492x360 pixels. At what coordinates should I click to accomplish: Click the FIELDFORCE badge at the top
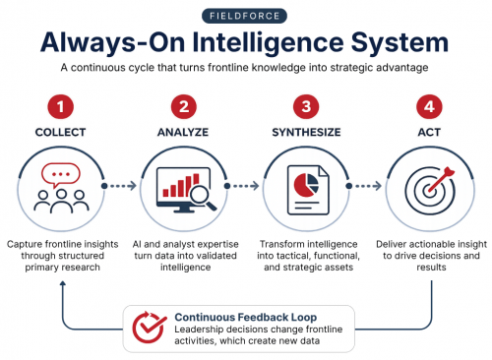[x=244, y=16]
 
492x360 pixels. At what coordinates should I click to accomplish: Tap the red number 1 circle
[x=61, y=106]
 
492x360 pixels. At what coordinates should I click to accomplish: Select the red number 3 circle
[x=306, y=106]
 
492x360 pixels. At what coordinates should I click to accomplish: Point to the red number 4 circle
[x=429, y=106]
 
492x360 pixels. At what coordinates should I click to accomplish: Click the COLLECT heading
[x=61, y=132]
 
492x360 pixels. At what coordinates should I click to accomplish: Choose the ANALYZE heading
[x=183, y=132]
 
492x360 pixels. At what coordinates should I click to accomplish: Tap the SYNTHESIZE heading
[x=306, y=132]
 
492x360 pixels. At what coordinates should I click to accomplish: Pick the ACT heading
[x=429, y=132]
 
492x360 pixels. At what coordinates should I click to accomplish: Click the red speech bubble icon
[x=61, y=175]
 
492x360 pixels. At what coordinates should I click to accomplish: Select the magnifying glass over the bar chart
[x=201, y=197]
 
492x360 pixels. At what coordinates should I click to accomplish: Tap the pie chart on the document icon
[x=306, y=185]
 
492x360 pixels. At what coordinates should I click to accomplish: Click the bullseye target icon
[x=430, y=190]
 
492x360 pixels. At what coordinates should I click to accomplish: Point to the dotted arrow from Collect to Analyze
[x=119, y=186]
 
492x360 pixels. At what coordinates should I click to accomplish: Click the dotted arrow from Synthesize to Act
[x=364, y=186]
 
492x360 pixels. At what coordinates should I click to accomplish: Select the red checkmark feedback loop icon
[x=150, y=328]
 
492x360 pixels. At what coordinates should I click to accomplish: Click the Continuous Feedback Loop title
[x=246, y=317]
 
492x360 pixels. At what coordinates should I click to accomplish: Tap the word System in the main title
[x=400, y=42]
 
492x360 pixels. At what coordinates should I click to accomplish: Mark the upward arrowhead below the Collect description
[x=63, y=283]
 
